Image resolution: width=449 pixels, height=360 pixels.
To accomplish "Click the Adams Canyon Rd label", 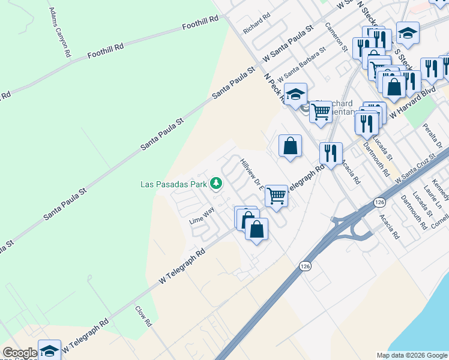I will click(x=59, y=33).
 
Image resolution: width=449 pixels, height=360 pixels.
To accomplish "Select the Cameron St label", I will click(x=337, y=37).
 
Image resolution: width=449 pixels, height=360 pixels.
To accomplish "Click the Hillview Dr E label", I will click(x=252, y=174).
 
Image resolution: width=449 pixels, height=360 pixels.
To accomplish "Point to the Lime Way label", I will click(x=202, y=215).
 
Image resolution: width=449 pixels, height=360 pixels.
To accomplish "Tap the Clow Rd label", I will click(x=143, y=316).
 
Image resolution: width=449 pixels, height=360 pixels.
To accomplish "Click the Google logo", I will click(x=19, y=353).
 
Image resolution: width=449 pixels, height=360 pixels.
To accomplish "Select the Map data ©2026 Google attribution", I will click(x=412, y=355).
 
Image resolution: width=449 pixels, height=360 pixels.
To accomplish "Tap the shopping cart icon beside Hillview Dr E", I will click(x=276, y=195).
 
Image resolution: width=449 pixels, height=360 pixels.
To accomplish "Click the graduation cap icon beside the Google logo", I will click(x=49, y=350).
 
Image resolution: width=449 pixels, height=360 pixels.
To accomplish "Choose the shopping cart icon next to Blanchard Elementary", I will click(x=321, y=111).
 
